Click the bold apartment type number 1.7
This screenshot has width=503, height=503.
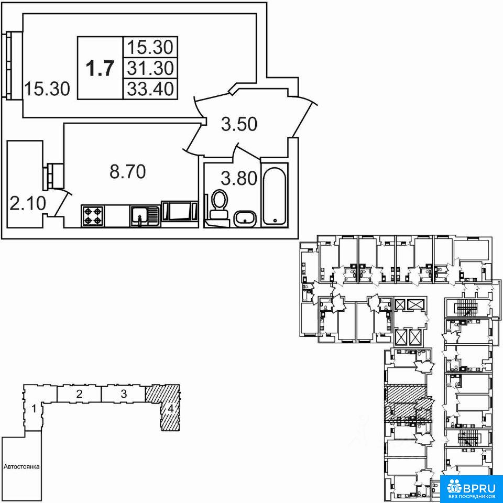click(x=101, y=68)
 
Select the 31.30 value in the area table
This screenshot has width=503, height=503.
click(x=150, y=68)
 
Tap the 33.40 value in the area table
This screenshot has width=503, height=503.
click(x=150, y=89)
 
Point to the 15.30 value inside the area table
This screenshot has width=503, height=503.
click(x=150, y=47)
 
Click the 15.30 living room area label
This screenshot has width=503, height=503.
click(x=47, y=89)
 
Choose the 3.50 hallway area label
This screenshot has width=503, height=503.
click(x=239, y=125)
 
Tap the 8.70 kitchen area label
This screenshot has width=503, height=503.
click(x=128, y=172)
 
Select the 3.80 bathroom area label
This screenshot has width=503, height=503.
click(x=239, y=179)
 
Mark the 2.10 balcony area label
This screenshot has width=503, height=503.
click(x=28, y=203)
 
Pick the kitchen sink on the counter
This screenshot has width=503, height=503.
click(x=145, y=216)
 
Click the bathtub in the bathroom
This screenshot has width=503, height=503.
click(x=275, y=195)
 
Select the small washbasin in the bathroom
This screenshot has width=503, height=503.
click(x=245, y=219)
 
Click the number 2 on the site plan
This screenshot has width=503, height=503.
click(x=80, y=393)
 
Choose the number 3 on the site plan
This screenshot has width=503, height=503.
click(x=124, y=393)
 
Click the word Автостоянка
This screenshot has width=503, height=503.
click(x=21, y=467)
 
